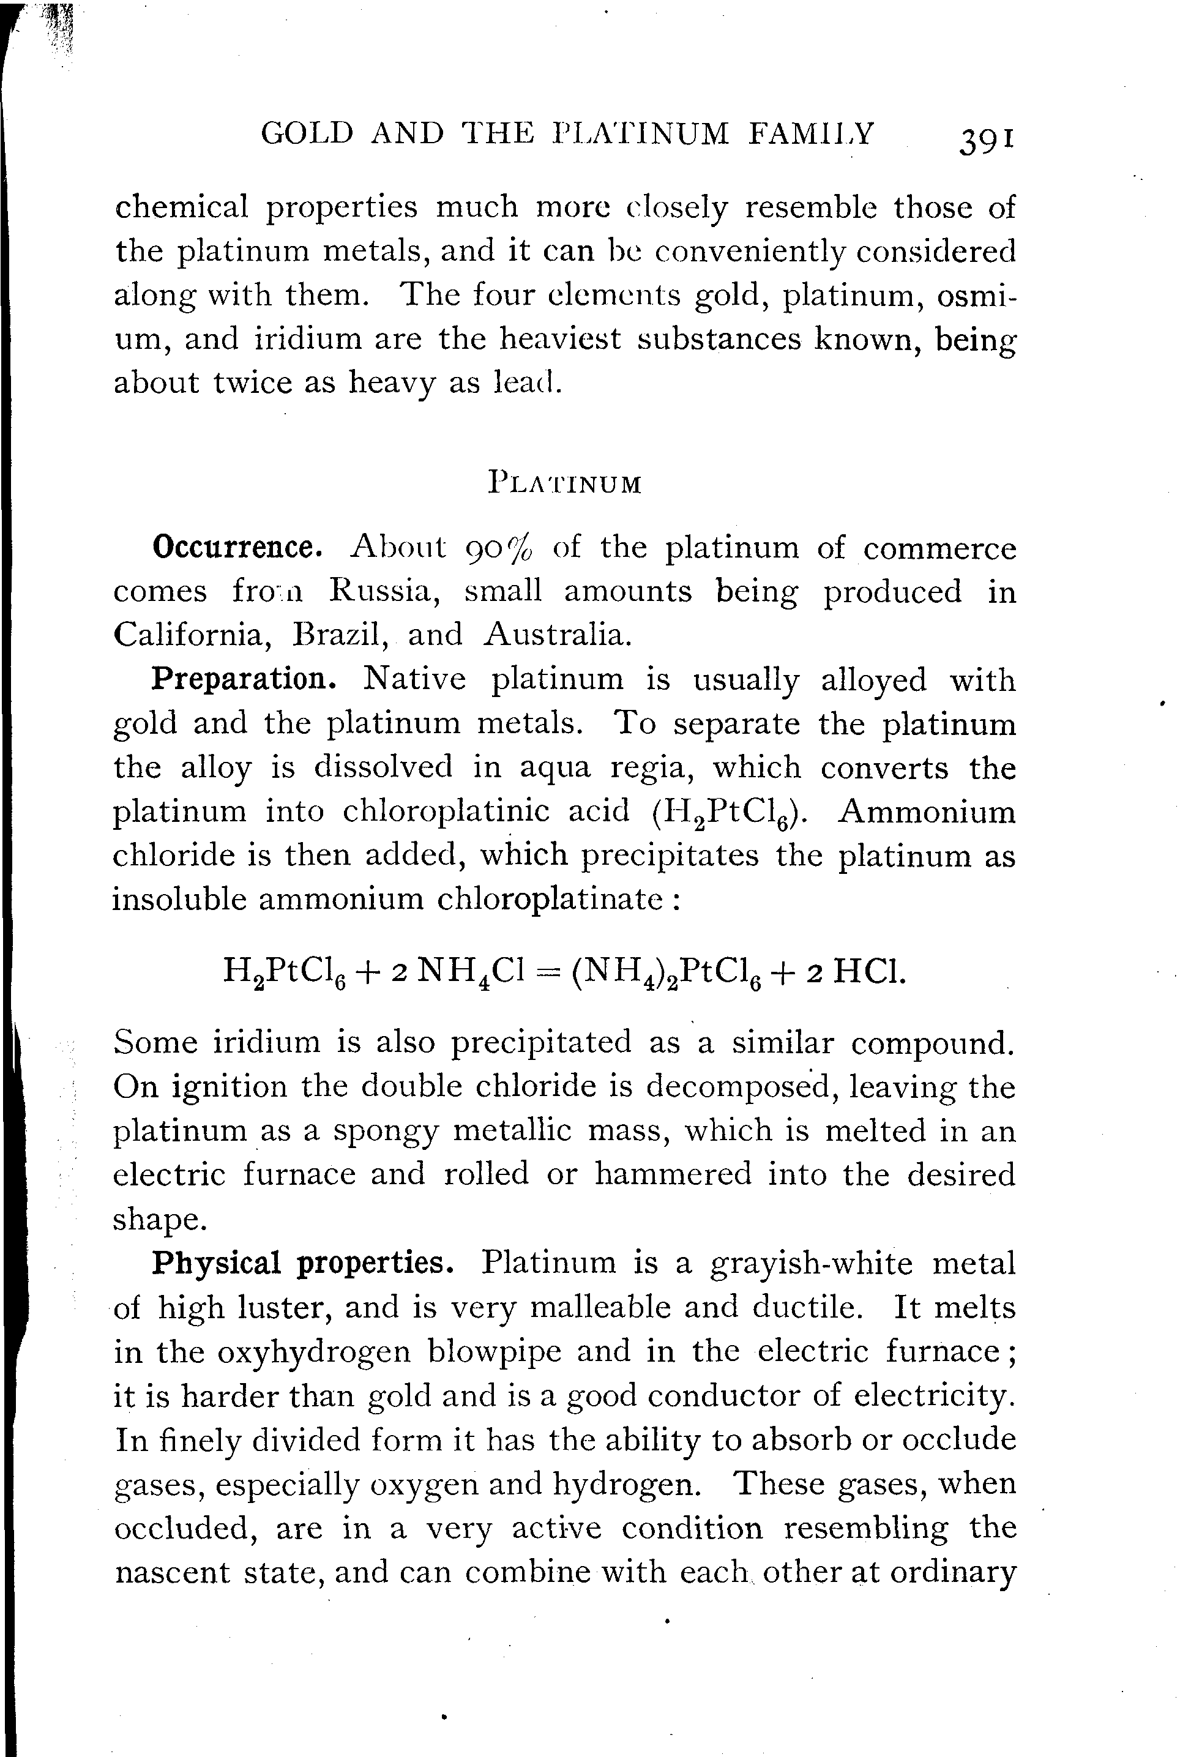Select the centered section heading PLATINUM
564,483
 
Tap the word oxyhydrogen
314,1353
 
